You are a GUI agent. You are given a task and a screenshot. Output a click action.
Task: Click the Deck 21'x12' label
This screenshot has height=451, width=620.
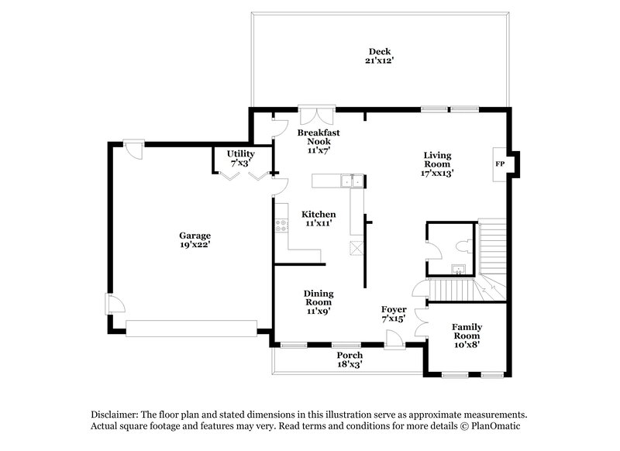click(x=378, y=56)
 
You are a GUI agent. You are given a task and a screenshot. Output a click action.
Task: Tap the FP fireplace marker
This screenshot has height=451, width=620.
click(x=500, y=165)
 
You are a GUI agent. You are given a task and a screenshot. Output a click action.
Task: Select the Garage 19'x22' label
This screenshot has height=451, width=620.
click(x=195, y=240)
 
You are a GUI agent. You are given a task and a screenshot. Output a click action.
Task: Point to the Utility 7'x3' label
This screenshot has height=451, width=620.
click(x=240, y=158)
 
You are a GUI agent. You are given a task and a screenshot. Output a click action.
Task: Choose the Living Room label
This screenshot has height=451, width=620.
click(x=437, y=164)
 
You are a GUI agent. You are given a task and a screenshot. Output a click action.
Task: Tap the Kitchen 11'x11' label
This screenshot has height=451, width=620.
click(x=319, y=219)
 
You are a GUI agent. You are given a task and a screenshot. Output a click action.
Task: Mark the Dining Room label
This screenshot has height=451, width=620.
click(x=318, y=301)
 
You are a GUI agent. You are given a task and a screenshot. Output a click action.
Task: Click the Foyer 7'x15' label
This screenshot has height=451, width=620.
click(x=394, y=314)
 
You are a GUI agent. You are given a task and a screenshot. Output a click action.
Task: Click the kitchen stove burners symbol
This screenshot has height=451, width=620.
click(x=281, y=227)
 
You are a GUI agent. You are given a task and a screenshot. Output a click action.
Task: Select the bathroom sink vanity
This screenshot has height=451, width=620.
click(x=458, y=270)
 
